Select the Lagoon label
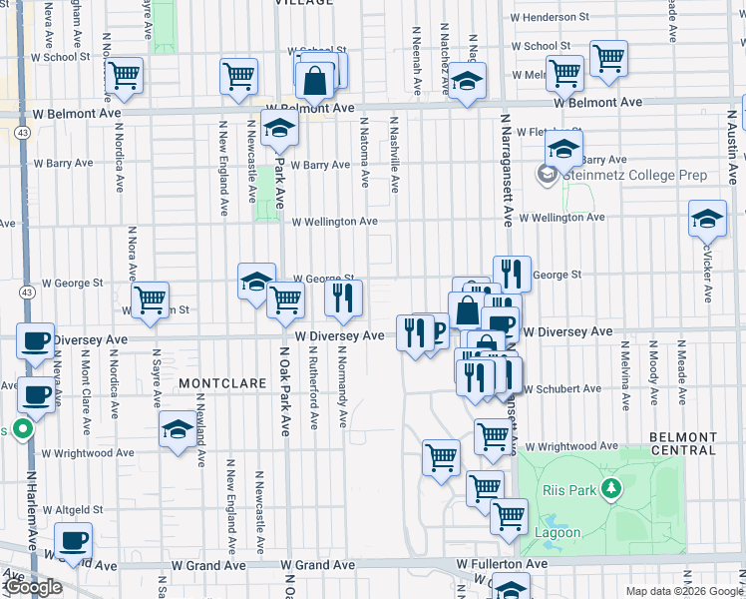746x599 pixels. (558, 532)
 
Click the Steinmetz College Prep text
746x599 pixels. (634, 176)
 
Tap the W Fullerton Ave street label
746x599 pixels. (502, 565)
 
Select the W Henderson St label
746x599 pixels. (558, 18)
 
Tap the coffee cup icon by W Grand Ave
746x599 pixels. (73, 542)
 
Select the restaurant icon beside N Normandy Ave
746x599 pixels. (343, 299)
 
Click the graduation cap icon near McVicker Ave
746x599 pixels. (707, 218)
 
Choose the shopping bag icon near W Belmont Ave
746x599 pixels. (315, 79)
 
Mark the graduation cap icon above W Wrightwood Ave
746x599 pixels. (178, 429)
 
